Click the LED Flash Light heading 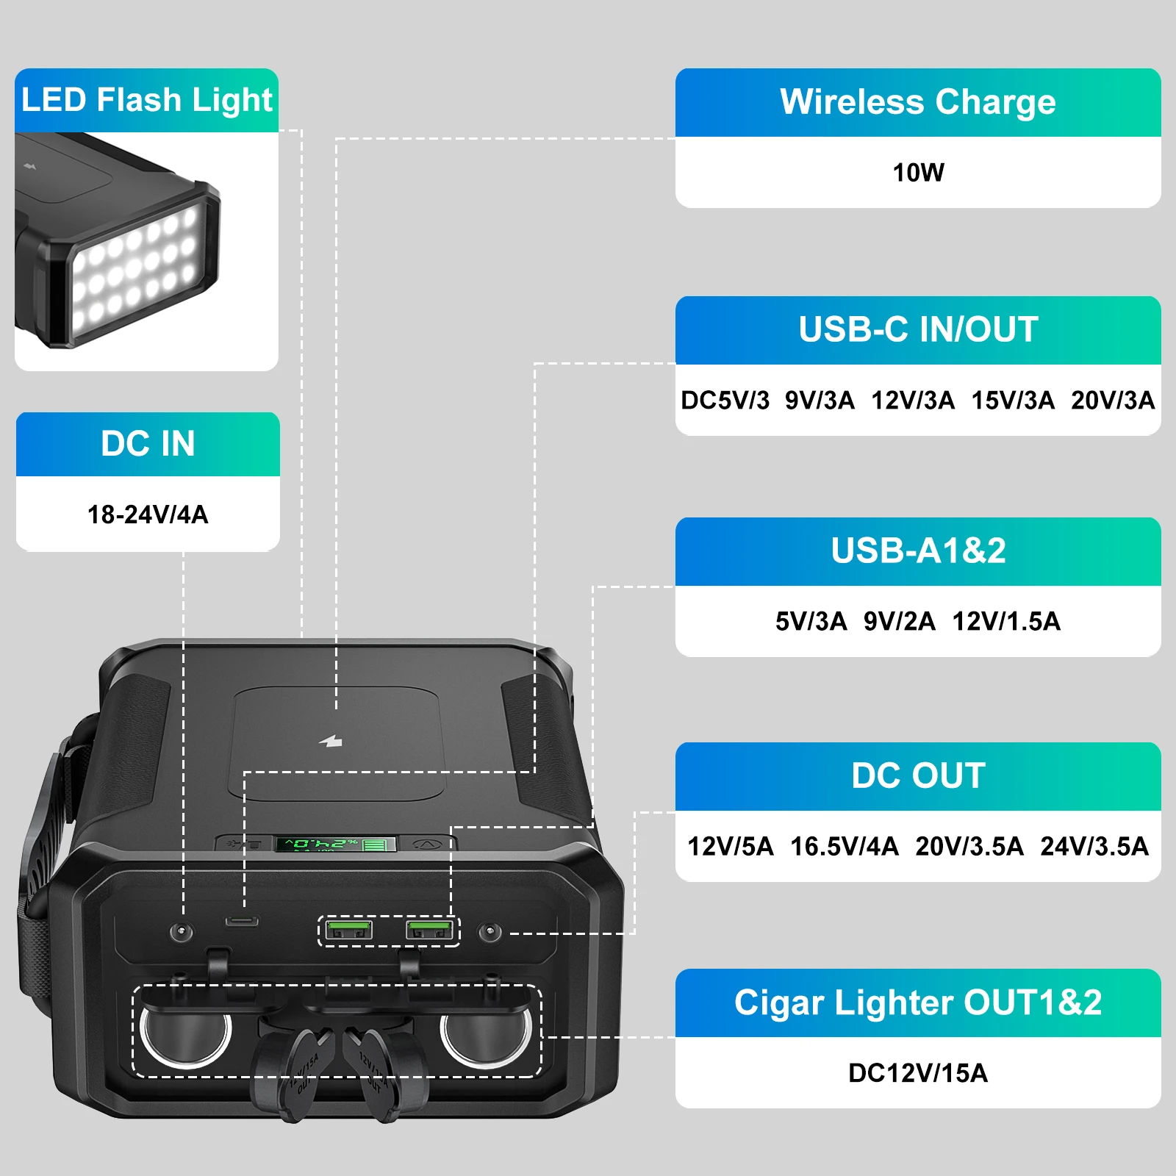tap(146, 100)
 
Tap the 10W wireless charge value tap(918, 173)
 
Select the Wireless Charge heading tap(918, 102)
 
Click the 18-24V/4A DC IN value tap(148, 514)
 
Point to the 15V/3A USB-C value tap(1013, 401)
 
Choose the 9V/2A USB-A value tap(899, 622)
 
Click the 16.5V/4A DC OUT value tap(845, 847)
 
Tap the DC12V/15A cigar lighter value tap(918, 1073)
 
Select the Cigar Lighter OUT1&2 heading tap(918, 1003)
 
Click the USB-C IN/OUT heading tap(918, 329)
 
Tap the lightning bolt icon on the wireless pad tap(331, 741)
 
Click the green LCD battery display tap(335, 844)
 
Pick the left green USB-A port tap(348, 930)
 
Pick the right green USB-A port tap(429, 930)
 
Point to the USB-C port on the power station tap(242, 921)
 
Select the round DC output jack tap(490, 933)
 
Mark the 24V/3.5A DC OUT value tap(1094, 847)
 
